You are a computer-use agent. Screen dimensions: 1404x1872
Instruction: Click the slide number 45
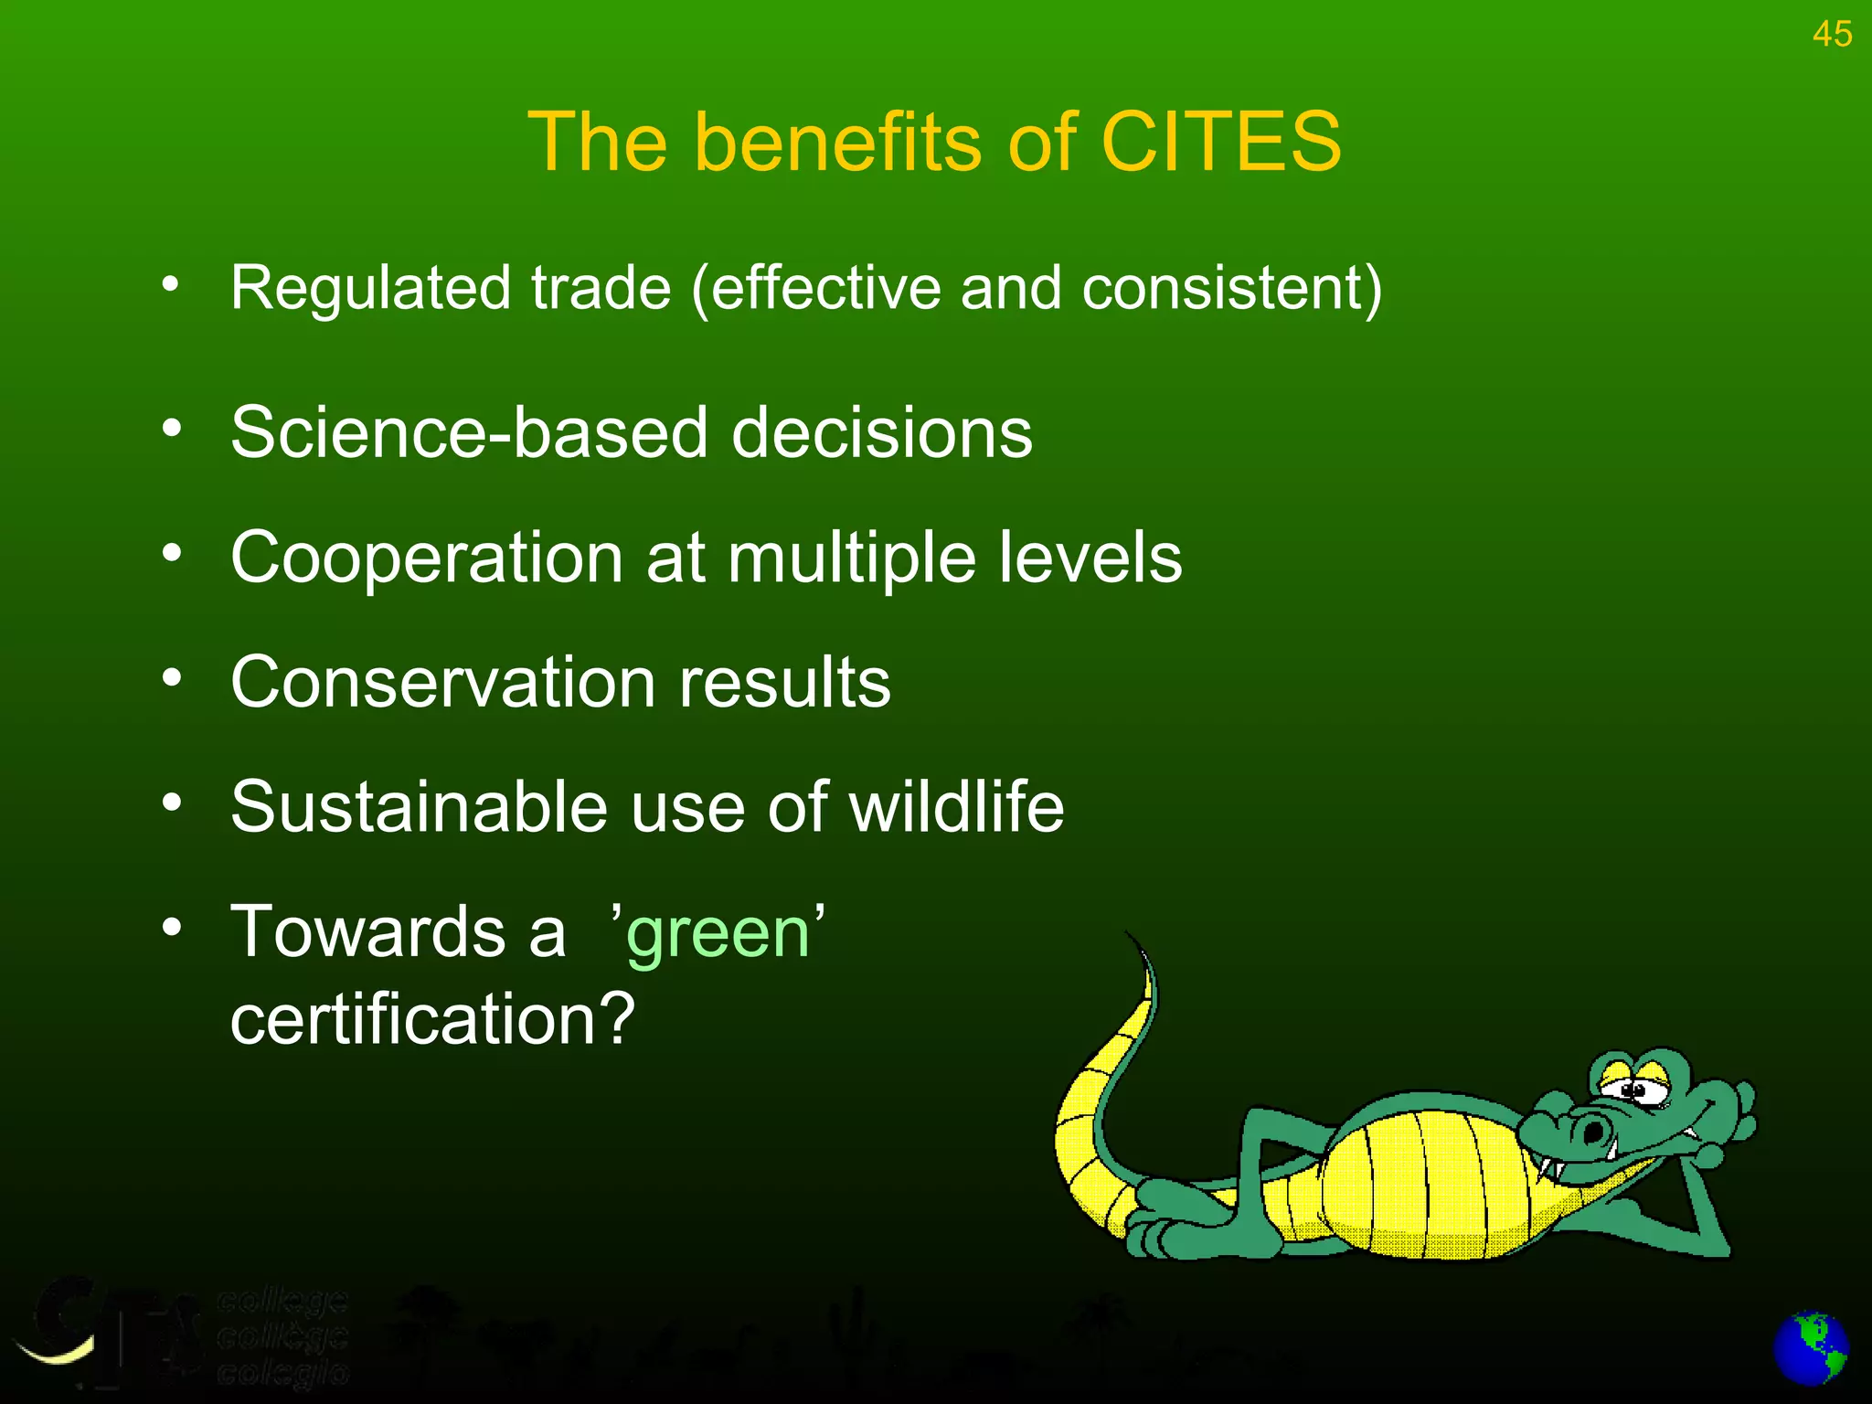[1832, 35]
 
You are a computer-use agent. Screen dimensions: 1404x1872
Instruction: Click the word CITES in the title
[1221, 142]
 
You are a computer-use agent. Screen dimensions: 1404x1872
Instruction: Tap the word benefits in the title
[841, 142]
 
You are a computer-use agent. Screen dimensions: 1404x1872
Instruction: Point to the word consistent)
[1232, 289]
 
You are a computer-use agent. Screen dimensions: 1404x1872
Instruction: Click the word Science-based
[469, 432]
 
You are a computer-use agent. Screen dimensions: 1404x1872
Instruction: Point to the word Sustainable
[419, 808]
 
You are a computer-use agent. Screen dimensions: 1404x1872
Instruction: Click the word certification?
[432, 1020]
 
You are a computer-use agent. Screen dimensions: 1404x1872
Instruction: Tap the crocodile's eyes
[1636, 1088]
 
